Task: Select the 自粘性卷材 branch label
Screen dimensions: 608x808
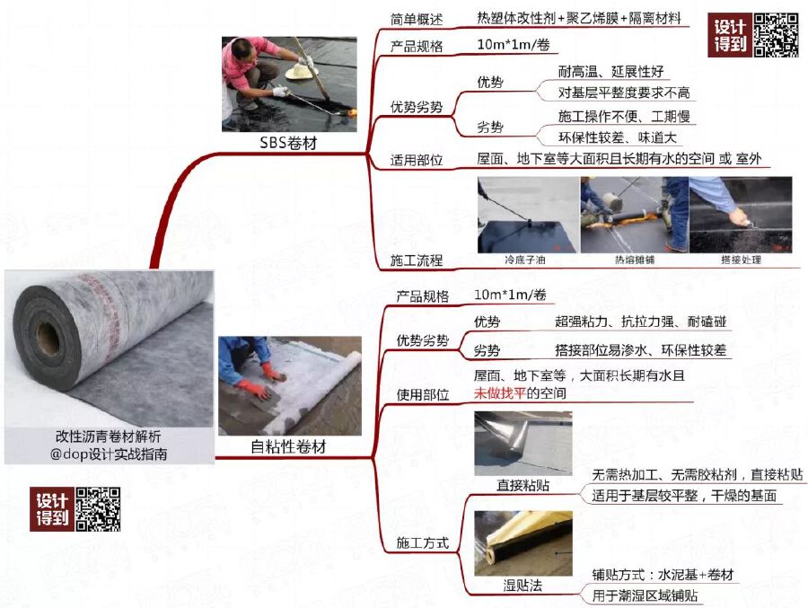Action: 288,446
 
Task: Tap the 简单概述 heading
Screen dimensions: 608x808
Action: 416,20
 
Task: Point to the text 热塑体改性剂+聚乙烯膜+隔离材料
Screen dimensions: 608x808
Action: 579,18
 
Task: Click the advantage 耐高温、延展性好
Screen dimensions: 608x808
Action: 610,72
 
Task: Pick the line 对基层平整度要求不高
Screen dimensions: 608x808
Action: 624,93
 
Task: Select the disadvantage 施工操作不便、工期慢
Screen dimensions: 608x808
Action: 626,117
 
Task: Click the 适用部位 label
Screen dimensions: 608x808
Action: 416,160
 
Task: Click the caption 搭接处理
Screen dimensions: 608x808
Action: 740,260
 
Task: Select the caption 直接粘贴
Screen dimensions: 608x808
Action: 523,486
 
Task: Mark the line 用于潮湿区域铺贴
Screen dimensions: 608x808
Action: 645,595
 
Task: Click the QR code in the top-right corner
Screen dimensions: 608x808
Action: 775,35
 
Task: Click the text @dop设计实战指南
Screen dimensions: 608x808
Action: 109,454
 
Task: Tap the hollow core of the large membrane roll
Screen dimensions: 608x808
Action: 47,339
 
